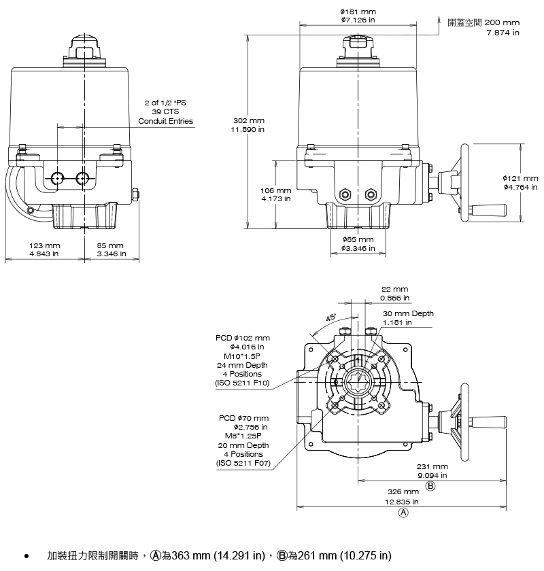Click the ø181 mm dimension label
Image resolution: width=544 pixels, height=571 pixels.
[x=358, y=12]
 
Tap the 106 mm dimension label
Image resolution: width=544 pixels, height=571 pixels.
[x=276, y=190]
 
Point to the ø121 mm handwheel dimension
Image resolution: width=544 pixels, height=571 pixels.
[x=520, y=178]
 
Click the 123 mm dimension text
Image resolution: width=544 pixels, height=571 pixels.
[x=44, y=245]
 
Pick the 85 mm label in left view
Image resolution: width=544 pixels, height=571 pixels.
[x=110, y=245]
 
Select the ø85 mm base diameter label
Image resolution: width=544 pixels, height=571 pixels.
[x=358, y=239]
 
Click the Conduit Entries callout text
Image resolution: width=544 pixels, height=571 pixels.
[x=165, y=121]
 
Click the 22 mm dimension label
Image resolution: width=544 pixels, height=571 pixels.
[x=394, y=289]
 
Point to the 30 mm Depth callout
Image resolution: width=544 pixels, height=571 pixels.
[x=408, y=313]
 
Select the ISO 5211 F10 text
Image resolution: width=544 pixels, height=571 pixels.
[x=242, y=383]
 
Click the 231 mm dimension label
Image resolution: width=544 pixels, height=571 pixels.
[x=432, y=466]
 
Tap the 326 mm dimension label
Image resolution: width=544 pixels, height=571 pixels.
[x=403, y=491]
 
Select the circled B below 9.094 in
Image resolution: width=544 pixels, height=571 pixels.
[x=430, y=487]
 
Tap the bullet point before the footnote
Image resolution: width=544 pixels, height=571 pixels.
[x=26, y=556]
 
